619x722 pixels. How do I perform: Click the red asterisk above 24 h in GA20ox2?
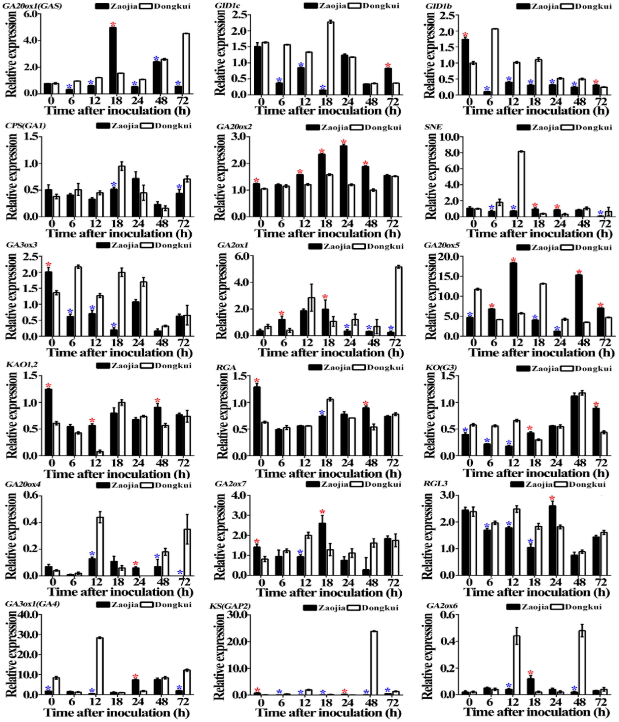(344, 142)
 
